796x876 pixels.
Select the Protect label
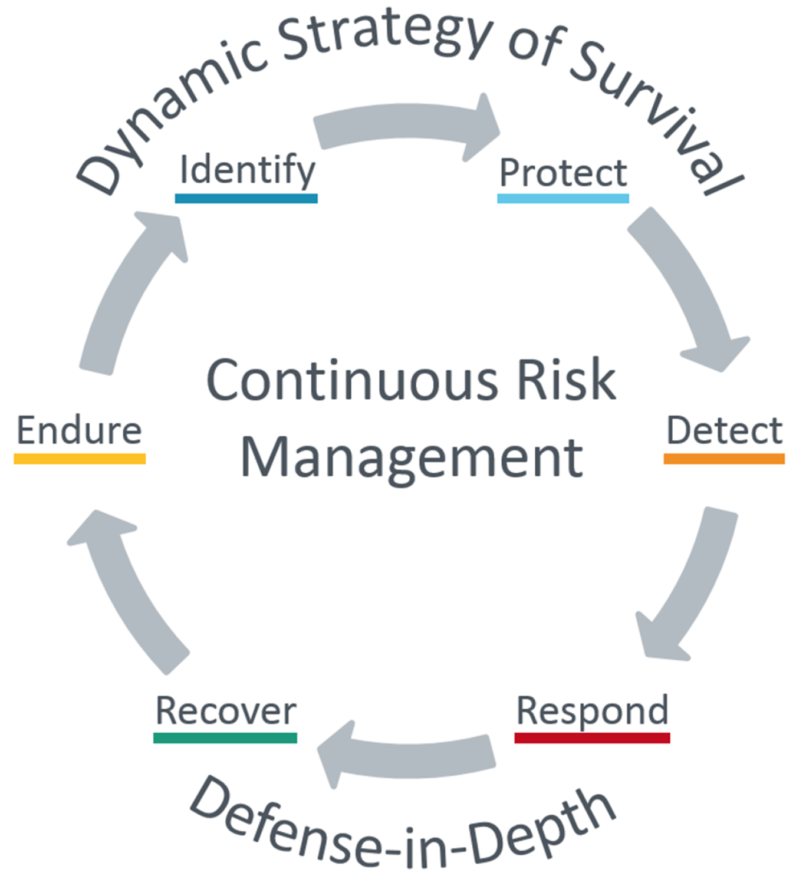click(563, 173)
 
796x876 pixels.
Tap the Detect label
click(725, 431)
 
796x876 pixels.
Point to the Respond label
click(593, 711)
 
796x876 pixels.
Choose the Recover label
click(226, 711)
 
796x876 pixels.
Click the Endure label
click(80, 430)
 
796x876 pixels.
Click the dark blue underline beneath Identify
click(246, 199)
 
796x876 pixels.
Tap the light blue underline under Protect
click(563, 199)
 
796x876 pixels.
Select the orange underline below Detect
click(724, 459)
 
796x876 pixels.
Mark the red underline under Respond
click(593, 737)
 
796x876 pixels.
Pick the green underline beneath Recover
click(225, 737)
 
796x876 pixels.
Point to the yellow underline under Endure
click(80, 459)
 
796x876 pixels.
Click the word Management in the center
click(412, 459)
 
